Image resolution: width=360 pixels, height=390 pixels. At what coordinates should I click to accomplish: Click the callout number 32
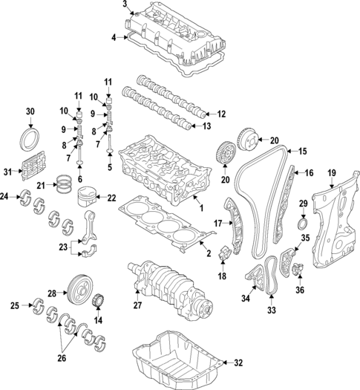point(238,363)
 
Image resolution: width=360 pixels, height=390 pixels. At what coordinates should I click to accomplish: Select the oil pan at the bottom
point(175,360)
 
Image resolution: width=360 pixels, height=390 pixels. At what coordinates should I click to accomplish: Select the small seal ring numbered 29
point(303,224)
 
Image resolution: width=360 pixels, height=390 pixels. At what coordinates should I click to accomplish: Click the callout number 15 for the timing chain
point(302,152)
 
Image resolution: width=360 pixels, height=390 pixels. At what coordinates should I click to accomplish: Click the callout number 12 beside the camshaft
point(220,114)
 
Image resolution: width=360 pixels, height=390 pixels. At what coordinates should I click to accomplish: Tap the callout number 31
point(7,172)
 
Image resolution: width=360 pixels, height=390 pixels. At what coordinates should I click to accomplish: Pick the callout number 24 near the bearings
point(4,197)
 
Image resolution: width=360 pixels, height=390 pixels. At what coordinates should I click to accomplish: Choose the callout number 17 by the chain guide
point(218,223)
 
